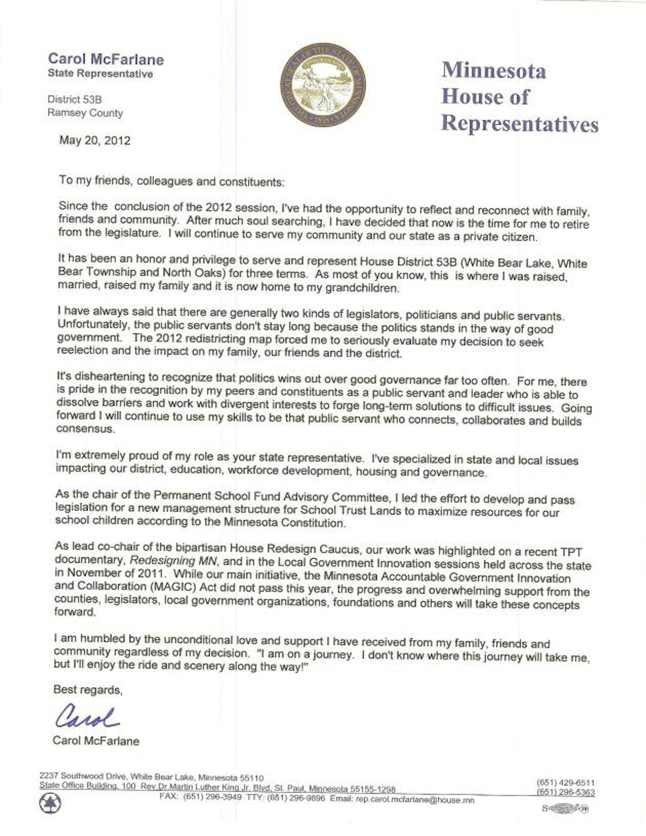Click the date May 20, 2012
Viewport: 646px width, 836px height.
(95, 141)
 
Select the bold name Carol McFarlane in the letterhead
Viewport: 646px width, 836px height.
(106, 59)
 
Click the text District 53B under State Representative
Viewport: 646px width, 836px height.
(75, 100)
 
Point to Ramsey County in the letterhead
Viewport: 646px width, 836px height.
(85, 113)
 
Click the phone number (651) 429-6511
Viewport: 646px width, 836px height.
(566, 783)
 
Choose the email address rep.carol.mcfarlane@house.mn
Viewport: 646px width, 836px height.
(415, 800)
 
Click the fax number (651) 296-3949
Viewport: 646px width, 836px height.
(212, 797)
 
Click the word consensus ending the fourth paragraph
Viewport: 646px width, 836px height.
(85, 429)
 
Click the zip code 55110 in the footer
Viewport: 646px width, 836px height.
(252, 778)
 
